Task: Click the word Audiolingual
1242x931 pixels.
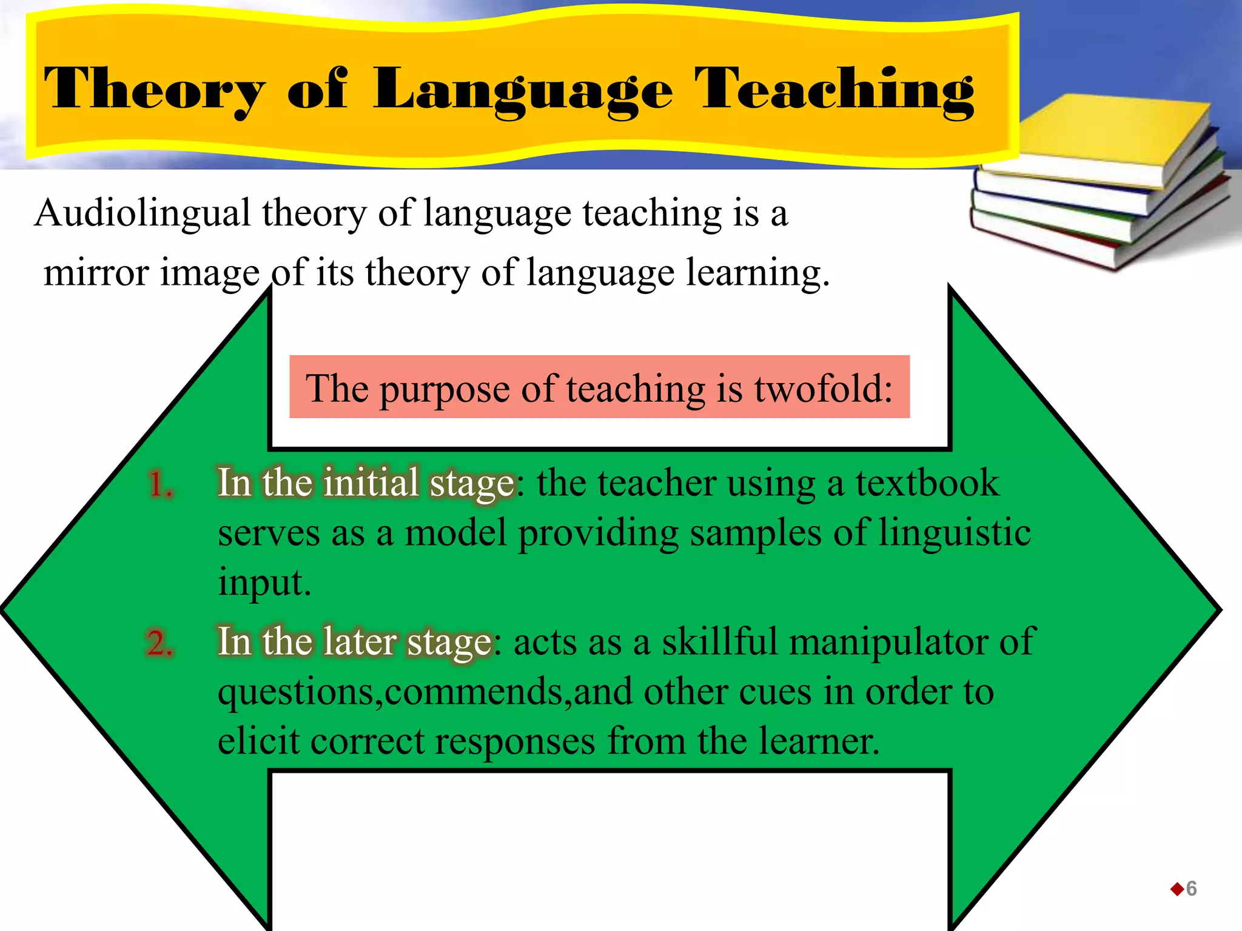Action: click(x=143, y=213)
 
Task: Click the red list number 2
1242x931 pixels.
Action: click(x=159, y=643)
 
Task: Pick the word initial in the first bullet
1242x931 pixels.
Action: click(x=371, y=483)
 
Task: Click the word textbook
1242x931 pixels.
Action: click(x=927, y=483)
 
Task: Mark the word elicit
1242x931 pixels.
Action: click(x=258, y=741)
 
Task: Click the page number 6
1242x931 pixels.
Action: click(x=1191, y=889)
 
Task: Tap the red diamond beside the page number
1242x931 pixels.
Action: click(x=1177, y=889)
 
